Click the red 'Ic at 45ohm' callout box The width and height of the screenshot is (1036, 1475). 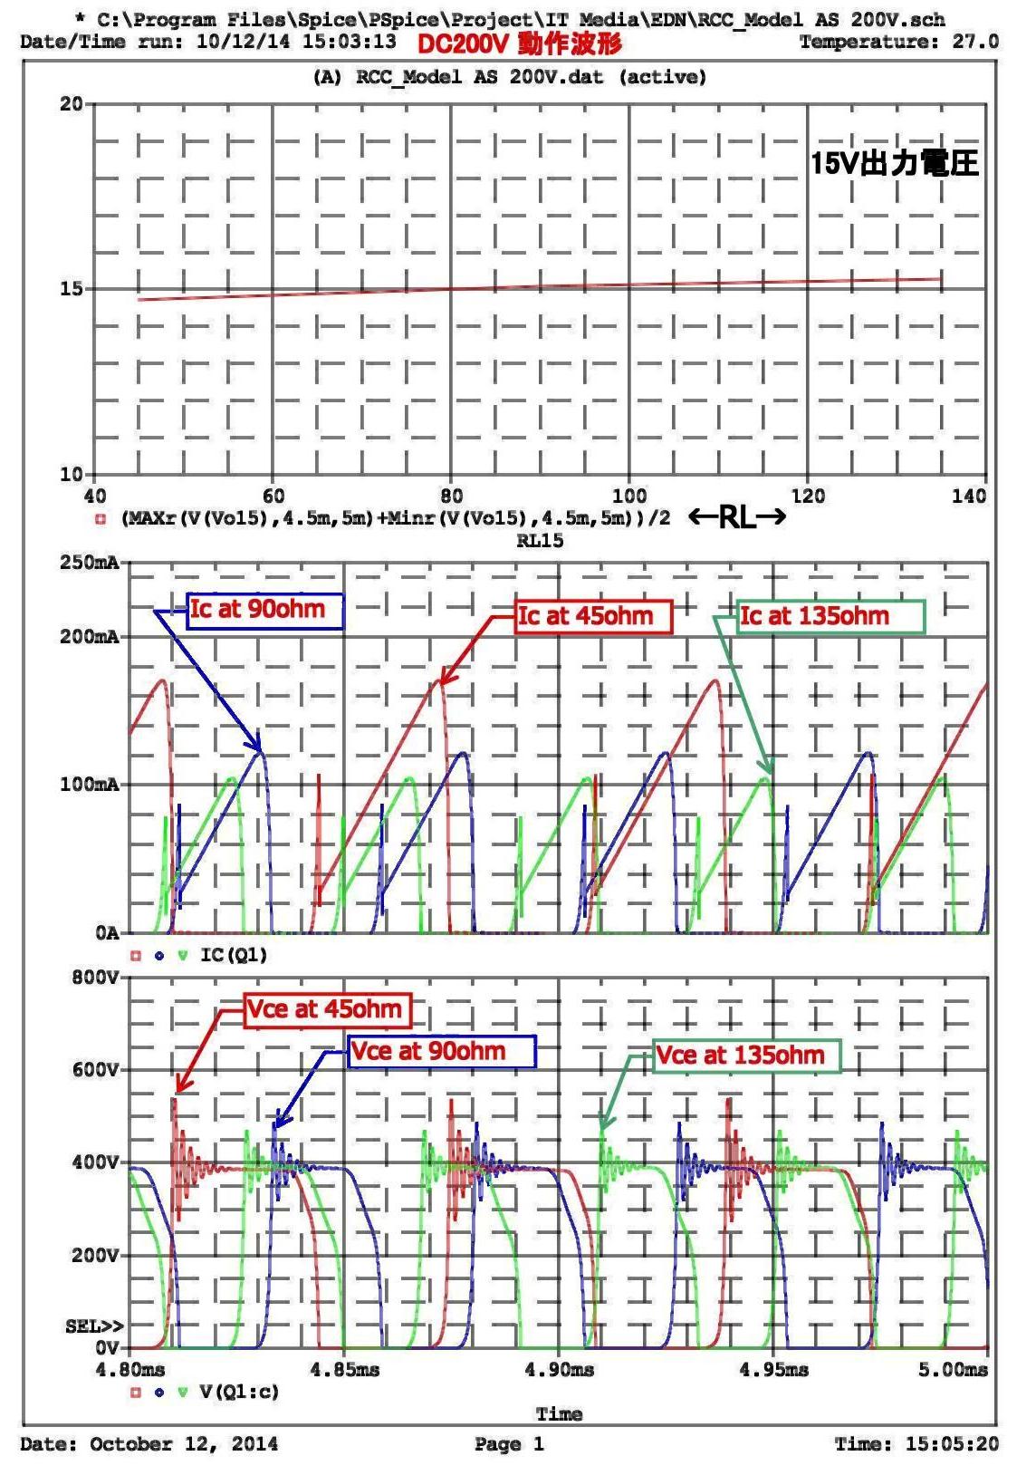click(593, 617)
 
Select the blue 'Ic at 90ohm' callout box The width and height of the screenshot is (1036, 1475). click(265, 610)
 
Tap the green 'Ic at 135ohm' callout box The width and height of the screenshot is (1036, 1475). click(830, 617)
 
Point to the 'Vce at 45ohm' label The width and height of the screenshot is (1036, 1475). click(328, 1009)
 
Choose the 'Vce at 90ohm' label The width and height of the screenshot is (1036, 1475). click(442, 1052)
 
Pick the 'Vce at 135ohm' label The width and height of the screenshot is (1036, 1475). click(746, 1056)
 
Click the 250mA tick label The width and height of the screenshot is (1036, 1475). click(90, 563)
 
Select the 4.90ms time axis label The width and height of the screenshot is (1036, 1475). click(560, 1370)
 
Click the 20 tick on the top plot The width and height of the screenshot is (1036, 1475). click(72, 104)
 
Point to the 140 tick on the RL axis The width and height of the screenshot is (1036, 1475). click(969, 496)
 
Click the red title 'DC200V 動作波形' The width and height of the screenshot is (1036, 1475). click(520, 43)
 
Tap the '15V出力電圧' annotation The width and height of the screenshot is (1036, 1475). click(895, 163)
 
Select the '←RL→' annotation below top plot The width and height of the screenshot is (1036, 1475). click(737, 517)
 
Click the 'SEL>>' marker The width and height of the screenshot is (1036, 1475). click(94, 1326)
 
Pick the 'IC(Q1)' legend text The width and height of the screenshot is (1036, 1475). click(234, 955)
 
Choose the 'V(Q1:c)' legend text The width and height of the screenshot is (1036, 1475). click(239, 1392)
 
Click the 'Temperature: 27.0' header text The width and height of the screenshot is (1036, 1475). click(898, 42)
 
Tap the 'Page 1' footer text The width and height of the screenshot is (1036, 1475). click(509, 1444)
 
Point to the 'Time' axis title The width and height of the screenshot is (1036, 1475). click(559, 1413)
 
